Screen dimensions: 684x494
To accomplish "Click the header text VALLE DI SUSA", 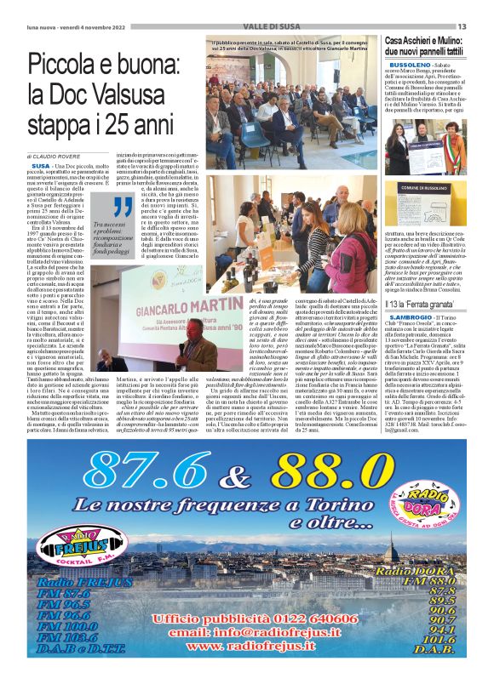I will pos(245,26).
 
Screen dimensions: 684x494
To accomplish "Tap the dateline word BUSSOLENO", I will pos(410,65).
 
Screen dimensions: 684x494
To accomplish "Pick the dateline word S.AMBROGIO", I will pos(413,316).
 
